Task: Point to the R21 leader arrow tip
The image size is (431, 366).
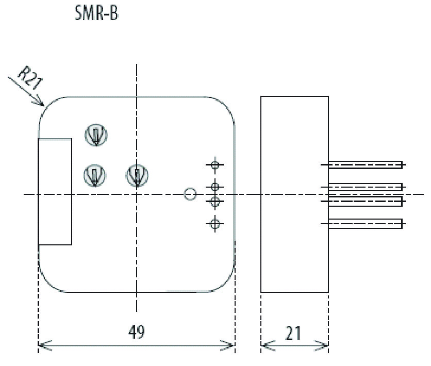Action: [x=43, y=105]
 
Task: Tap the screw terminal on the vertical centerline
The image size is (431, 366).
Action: [x=137, y=175]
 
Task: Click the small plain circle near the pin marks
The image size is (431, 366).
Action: [x=190, y=194]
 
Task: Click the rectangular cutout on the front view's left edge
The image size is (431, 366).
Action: [x=55, y=191]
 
